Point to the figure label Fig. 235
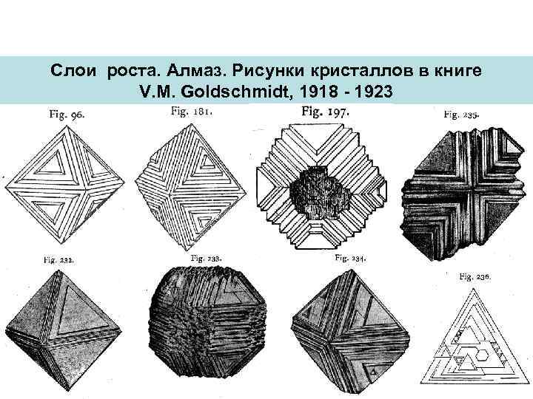(461, 115)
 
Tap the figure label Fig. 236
(475, 276)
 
